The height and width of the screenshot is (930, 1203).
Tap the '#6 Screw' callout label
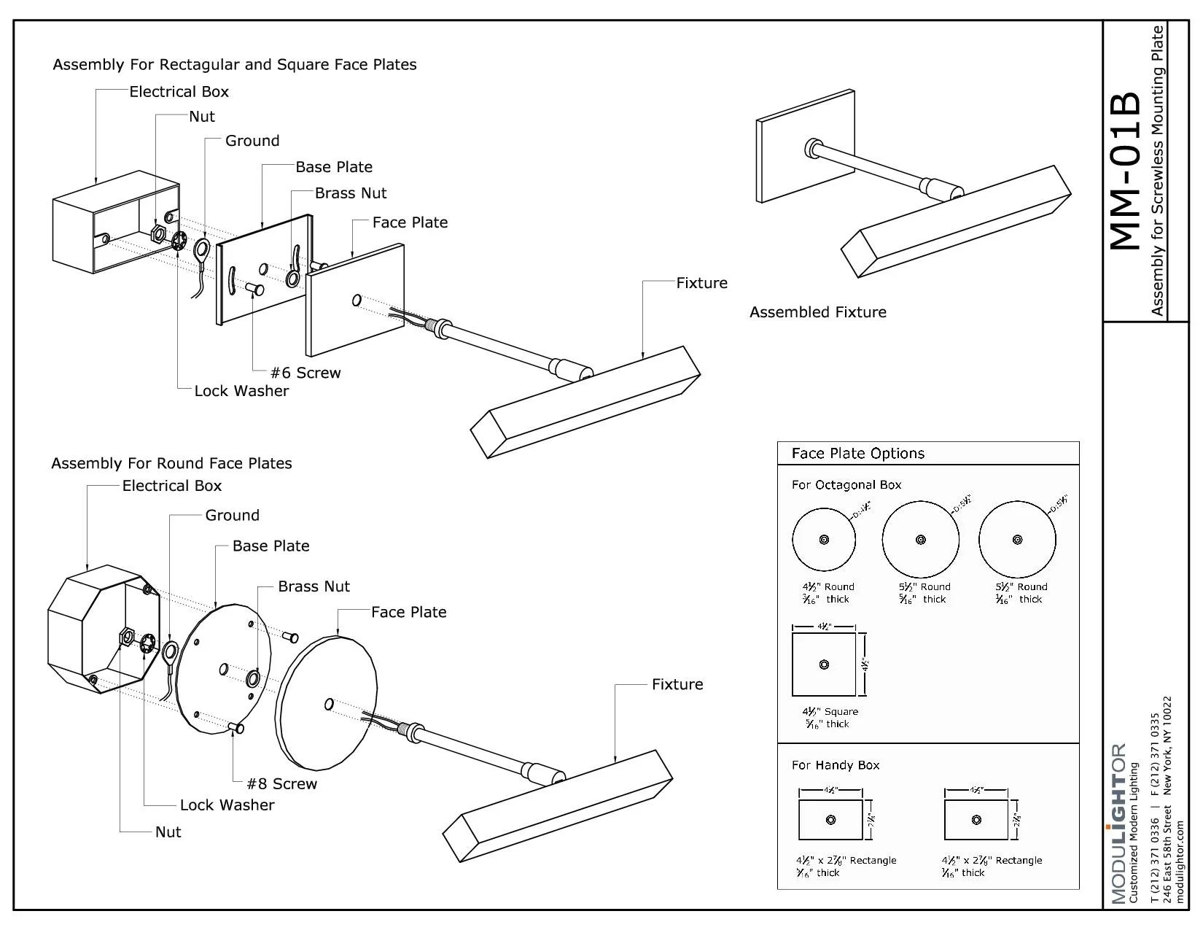pos(305,373)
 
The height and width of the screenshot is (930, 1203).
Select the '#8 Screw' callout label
pos(281,784)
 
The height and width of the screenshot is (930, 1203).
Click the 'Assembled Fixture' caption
pos(817,312)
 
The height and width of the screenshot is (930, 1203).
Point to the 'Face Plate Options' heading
pos(857,454)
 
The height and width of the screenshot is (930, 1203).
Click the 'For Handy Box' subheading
pos(835,765)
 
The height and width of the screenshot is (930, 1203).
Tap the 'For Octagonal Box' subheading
pos(846,485)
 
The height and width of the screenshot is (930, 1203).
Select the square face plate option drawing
pos(824,664)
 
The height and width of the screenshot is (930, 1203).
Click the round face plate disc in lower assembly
pos(326,700)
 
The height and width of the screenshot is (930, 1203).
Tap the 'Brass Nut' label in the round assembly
pos(314,586)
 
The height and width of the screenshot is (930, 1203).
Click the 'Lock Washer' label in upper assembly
pos(241,391)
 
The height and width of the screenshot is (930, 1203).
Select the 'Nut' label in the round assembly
pos(168,832)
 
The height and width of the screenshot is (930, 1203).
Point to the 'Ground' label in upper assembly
pos(252,141)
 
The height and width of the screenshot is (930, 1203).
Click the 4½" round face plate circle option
pos(824,540)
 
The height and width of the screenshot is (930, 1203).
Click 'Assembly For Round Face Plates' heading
pos(171,463)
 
